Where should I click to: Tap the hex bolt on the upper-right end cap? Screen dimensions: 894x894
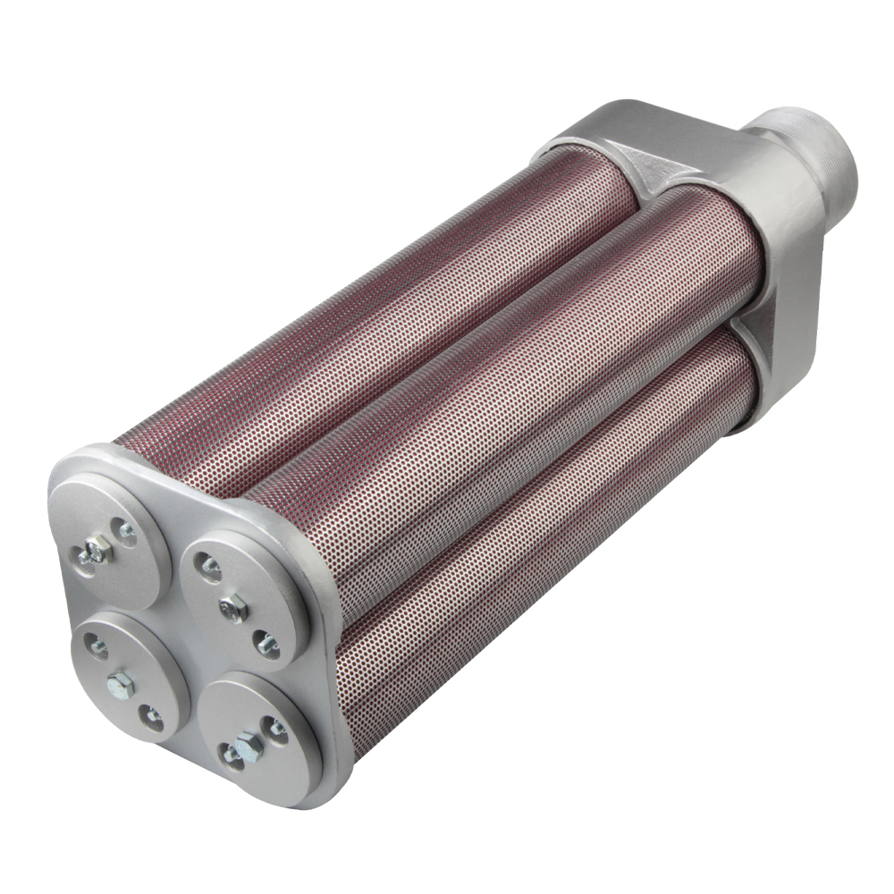click(x=233, y=607)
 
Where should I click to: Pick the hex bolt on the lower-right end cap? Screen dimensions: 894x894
click(x=247, y=747)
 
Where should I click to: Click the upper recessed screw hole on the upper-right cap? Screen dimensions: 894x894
click(x=209, y=566)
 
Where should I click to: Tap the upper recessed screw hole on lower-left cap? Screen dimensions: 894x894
click(x=96, y=646)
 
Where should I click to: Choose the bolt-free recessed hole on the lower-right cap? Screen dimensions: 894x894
click(x=274, y=727)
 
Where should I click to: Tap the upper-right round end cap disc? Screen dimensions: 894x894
click(x=242, y=600)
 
